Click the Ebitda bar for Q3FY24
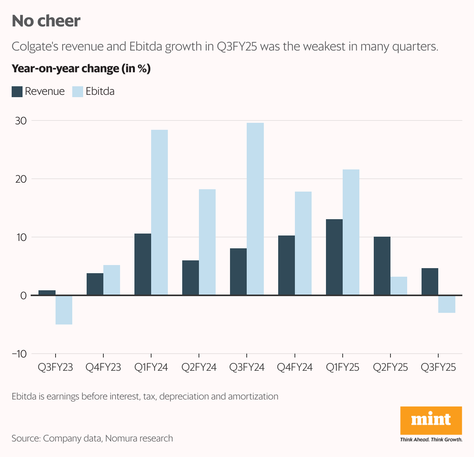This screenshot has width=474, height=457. [x=255, y=209]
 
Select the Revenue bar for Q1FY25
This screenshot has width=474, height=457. [x=334, y=257]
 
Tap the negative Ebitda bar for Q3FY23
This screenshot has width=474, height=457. [x=64, y=310]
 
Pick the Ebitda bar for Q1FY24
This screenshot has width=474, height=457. [x=159, y=213]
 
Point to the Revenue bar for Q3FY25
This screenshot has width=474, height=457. [x=430, y=282]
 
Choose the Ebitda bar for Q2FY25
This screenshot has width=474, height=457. [x=399, y=286]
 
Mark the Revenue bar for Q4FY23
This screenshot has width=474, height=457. [x=95, y=284]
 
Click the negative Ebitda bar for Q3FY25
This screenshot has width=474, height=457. [x=447, y=304]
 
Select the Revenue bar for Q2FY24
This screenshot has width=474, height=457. [x=190, y=278]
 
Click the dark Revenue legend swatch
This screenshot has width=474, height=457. [x=17, y=92]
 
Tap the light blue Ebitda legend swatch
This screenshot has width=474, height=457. [x=78, y=92]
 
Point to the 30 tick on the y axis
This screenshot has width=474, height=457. [x=21, y=121]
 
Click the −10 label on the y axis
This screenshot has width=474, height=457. [x=19, y=354]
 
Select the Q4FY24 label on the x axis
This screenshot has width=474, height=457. [x=295, y=367]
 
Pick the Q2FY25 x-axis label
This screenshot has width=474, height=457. [x=390, y=367]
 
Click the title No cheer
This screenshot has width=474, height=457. [x=46, y=21]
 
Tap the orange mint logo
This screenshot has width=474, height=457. [x=431, y=420]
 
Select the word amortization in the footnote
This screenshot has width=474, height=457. [x=253, y=396]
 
